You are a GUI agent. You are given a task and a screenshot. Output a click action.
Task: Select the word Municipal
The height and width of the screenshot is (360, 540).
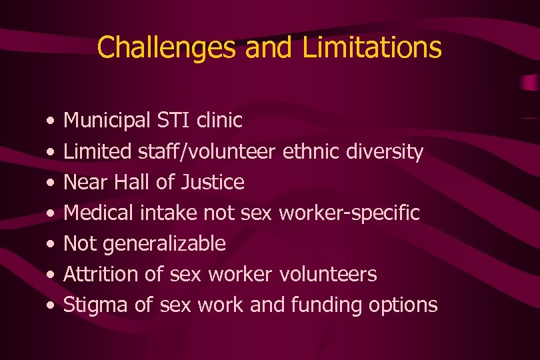(107, 121)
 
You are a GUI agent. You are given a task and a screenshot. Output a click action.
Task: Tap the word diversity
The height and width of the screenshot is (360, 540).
(385, 152)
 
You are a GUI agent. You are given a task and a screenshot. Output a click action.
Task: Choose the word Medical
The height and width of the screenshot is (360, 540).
(99, 213)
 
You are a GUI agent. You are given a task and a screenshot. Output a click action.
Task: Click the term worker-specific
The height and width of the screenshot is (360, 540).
(349, 213)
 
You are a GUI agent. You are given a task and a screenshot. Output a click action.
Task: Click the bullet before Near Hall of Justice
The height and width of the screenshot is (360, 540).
(51, 183)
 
